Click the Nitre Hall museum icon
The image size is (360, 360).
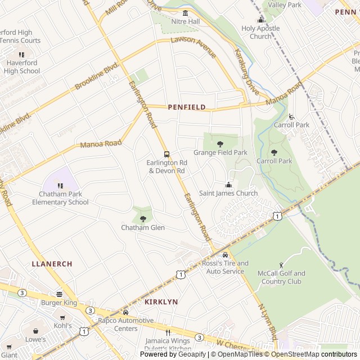[185, 13]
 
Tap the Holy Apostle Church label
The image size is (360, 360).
[260, 33]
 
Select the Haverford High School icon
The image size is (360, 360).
[22, 55]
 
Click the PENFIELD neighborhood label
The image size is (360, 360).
[186, 107]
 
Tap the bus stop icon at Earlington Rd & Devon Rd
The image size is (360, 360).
[166, 154]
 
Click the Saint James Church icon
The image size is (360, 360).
[228, 185]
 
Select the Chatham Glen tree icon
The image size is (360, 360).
[142, 219]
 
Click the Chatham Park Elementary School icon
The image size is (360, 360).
[60, 186]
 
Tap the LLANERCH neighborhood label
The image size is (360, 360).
[52, 263]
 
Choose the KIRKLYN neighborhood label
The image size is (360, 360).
[161, 302]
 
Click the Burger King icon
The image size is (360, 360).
[58, 294]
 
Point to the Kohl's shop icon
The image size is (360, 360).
[62, 317]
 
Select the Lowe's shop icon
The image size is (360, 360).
[35, 331]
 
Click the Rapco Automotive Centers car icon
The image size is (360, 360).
[125, 312]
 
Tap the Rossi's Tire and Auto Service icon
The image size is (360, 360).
[225, 255]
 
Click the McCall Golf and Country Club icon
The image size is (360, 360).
[281, 265]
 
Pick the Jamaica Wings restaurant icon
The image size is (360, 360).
[167, 332]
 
